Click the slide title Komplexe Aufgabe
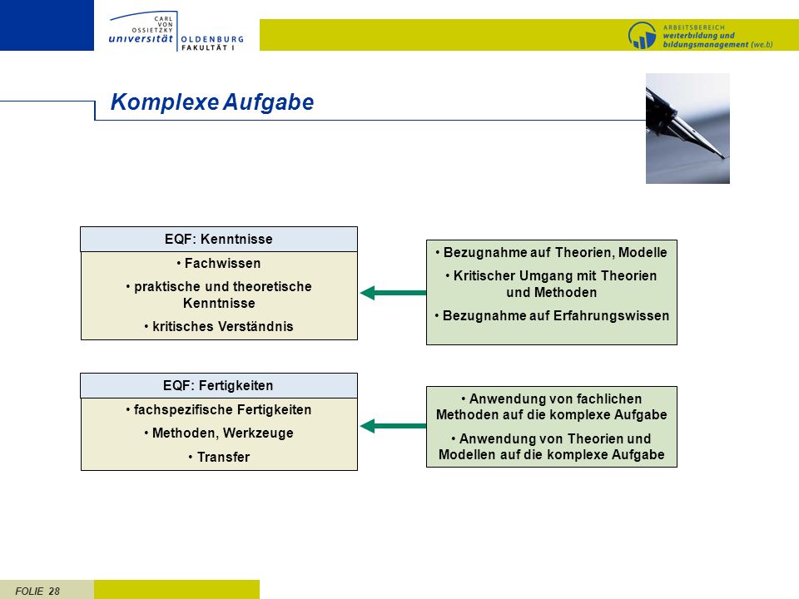pos(212,101)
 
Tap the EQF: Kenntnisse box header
pos(219,239)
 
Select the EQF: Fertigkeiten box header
pos(219,385)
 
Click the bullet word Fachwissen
pos(222,264)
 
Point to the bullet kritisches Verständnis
pos(219,326)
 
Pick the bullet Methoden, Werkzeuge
pos(219,433)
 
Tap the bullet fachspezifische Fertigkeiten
pos(219,409)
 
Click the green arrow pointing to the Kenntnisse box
pos(393,293)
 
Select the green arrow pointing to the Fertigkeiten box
pos(393,426)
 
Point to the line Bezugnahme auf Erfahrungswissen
pos(552,316)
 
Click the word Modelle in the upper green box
pos(643,253)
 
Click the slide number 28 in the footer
pos(54,592)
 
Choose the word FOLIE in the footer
pos(30,592)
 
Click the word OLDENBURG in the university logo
pos(212,39)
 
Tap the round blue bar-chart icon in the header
pos(642,35)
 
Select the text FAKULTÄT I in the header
pos(208,48)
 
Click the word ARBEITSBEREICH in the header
pos(693,27)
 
